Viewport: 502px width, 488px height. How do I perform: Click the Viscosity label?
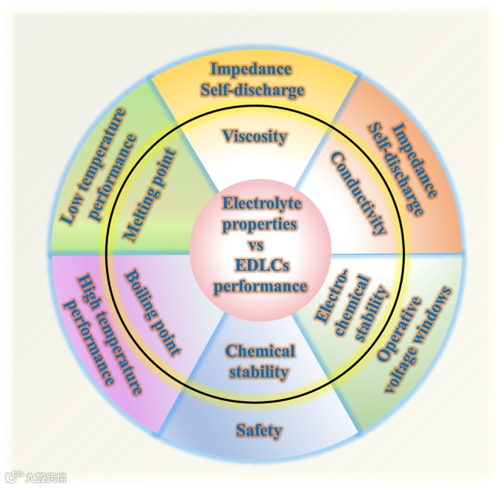pos(254,136)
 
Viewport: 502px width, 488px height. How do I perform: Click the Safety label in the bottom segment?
pos(258,430)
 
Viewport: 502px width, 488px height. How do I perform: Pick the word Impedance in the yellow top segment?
pos(251,70)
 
